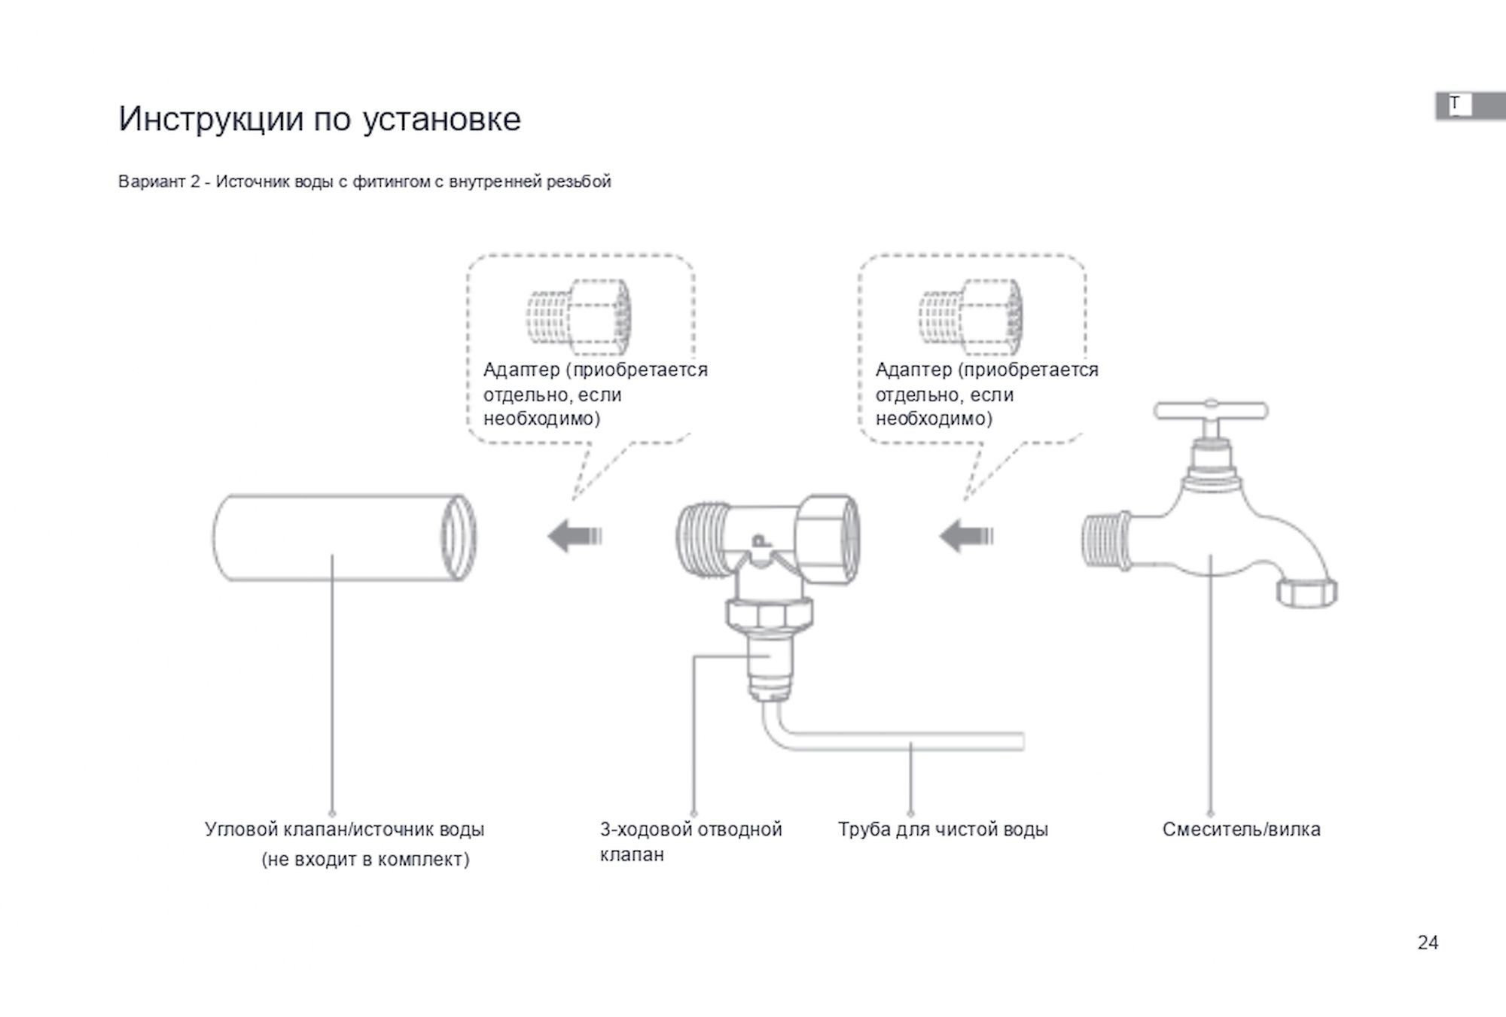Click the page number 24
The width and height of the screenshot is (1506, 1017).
pyautogui.click(x=1428, y=942)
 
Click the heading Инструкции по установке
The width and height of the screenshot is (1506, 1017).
pyautogui.click(x=319, y=119)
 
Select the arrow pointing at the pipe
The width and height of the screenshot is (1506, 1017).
pyautogui.click(x=575, y=537)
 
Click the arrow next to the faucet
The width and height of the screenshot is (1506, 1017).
pyautogui.click(x=966, y=537)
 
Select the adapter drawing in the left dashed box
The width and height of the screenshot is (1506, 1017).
pyautogui.click(x=578, y=317)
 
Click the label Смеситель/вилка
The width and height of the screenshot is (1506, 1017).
pyautogui.click(x=1241, y=830)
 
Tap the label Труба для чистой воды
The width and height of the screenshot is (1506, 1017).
pyautogui.click(x=943, y=830)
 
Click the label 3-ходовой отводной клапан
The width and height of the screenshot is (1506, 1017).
pyautogui.click(x=691, y=842)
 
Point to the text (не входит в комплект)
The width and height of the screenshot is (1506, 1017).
pyautogui.click(x=365, y=860)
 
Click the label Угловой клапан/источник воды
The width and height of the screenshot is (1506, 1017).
pyautogui.click(x=344, y=830)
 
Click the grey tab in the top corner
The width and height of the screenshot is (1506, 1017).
pyautogui.click(x=1470, y=106)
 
